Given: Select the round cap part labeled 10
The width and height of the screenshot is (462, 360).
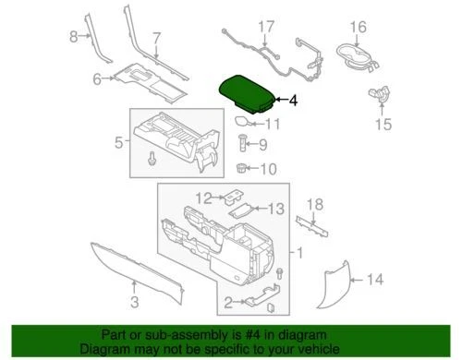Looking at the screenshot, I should click(x=243, y=169).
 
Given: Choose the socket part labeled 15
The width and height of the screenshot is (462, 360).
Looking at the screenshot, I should click(x=378, y=94).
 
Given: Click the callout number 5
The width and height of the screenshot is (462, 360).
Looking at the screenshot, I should click(x=118, y=142).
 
